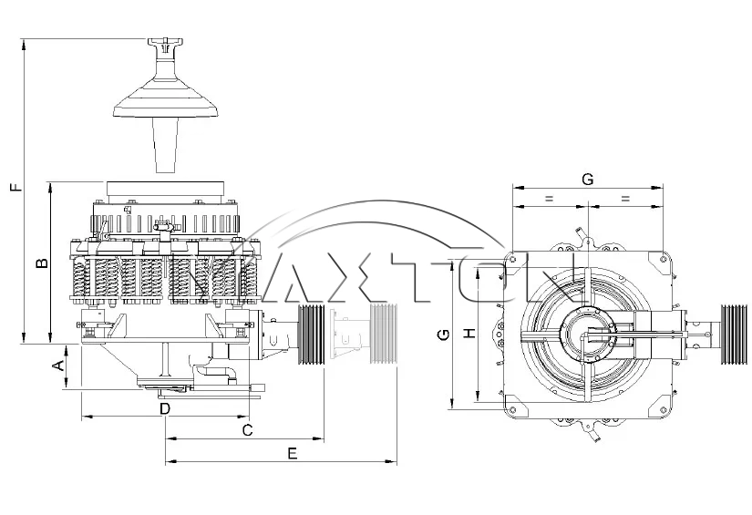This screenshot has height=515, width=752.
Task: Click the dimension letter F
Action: (15, 189)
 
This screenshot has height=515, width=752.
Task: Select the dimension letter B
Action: (41, 263)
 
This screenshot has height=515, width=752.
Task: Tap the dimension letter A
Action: (57, 366)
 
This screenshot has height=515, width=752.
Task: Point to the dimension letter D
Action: (164, 409)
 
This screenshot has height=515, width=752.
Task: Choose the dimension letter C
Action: (246, 428)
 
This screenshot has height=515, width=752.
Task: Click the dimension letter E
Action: (292, 453)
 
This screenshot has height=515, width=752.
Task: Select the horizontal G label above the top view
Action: (588, 179)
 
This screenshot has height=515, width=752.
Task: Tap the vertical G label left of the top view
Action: (443, 335)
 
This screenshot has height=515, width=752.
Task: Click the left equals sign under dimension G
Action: (549, 198)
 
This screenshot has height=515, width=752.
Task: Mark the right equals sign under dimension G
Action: (626, 198)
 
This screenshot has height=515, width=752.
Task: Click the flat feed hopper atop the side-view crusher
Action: (165, 191)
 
